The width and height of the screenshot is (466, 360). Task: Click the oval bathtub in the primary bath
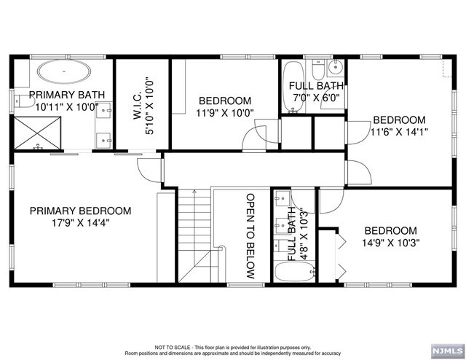(64, 71)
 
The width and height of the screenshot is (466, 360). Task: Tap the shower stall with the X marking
(37, 133)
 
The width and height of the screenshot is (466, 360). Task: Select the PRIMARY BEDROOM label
(81, 211)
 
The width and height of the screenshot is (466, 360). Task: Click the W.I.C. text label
(138, 106)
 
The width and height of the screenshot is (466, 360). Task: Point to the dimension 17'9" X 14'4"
(81, 223)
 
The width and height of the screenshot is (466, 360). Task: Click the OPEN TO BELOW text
(250, 236)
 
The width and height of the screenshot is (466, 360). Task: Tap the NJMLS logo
(447, 351)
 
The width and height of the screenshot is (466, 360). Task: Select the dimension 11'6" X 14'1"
(400, 131)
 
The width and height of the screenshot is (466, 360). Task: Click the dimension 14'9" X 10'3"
(390, 243)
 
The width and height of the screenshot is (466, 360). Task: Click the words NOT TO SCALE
(173, 347)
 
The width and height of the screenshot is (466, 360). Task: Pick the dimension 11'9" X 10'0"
(225, 113)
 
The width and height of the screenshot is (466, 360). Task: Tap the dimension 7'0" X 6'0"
(316, 98)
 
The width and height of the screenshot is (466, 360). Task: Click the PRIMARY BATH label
(67, 95)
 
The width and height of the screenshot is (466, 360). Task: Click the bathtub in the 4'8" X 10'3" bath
(294, 271)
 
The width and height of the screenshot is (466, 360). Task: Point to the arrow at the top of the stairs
(194, 192)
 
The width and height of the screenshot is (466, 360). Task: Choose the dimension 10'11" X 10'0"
(67, 107)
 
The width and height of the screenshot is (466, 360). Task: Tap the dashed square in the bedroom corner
(447, 68)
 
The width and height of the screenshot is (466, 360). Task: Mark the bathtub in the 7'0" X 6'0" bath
(293, 87)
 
